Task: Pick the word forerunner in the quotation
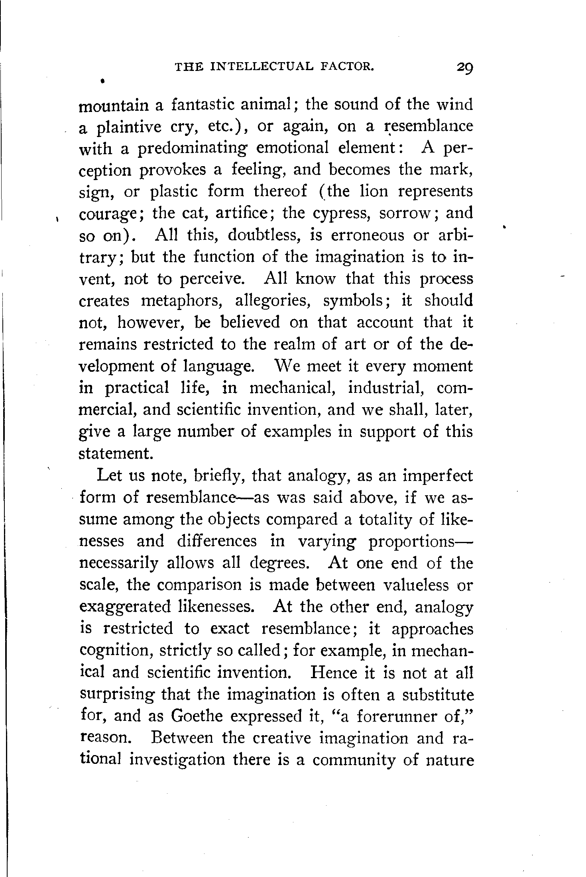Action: tap(394, 716)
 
